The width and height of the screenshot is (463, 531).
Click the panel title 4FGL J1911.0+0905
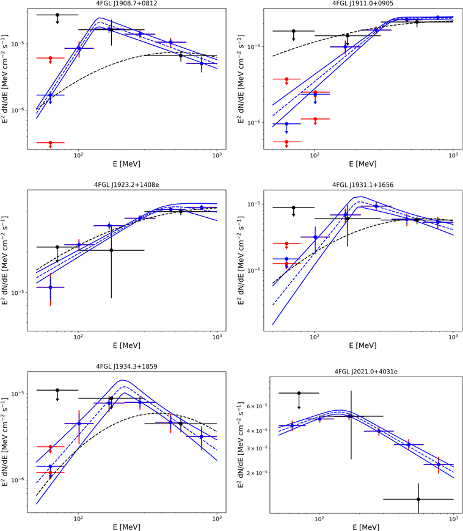point(363,4)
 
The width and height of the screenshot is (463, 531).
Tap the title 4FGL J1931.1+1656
point(363,184)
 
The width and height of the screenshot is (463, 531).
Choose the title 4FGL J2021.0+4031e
point(363,371)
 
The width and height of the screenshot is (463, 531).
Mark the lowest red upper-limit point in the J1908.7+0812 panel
point(50,143)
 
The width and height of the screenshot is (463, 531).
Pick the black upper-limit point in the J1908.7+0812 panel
point(57,15)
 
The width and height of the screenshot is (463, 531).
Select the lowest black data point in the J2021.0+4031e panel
point(418,499)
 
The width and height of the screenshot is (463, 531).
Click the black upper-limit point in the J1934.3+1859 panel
point(57,390)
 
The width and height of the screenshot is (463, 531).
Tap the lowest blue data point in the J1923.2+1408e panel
point(50,287)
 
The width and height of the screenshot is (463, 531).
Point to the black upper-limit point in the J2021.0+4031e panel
point(299,393)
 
